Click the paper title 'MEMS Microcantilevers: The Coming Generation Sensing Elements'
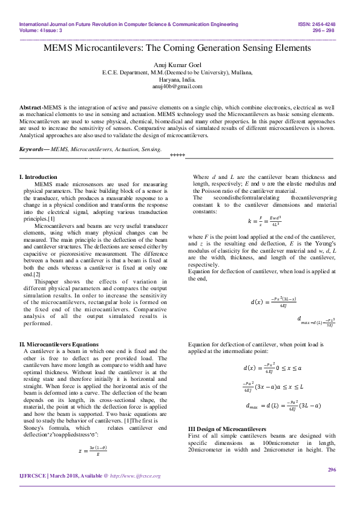coord(180,47)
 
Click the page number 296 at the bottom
coord(331,487)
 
